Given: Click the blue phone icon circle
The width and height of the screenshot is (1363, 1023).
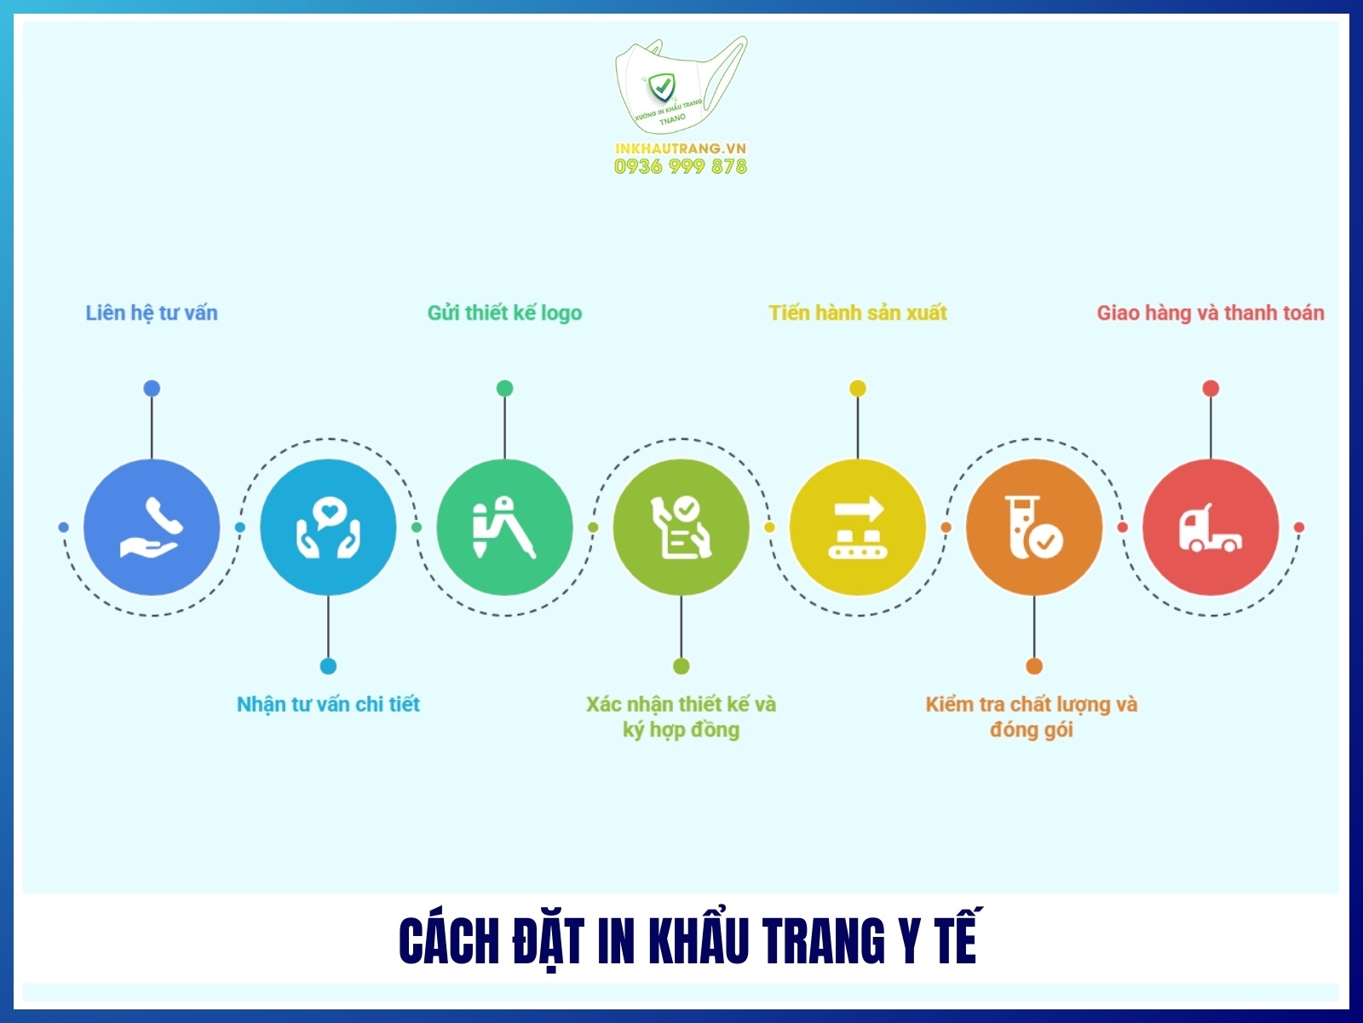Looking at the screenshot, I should (x=152, y=527).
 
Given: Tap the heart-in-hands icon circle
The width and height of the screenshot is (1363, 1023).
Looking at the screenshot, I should (x=328, y=527).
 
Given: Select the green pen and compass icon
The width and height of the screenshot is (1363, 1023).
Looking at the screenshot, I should (x=504, y=527).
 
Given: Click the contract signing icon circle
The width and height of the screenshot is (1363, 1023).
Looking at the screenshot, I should (x=681, y=527).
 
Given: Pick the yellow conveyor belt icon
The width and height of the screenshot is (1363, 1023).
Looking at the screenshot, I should (x=858, y=527).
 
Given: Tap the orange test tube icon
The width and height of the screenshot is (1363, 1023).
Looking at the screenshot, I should (x=1033, y=527).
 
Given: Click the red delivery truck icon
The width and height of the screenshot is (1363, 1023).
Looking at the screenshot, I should (x=1211, y=527).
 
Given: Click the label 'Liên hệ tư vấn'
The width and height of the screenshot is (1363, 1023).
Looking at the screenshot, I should (x=152, y=313).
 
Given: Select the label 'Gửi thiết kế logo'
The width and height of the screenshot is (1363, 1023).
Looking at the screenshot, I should (x=504, y=313).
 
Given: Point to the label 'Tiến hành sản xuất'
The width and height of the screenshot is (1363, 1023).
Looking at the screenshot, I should (x=858, y=313).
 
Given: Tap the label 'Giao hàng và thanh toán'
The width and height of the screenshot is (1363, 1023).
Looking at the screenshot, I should (x=1211, y=313).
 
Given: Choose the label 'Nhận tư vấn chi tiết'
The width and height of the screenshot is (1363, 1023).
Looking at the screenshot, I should (x=328, y=704).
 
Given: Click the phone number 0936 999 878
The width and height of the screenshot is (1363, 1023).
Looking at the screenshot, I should (x=681, y=167).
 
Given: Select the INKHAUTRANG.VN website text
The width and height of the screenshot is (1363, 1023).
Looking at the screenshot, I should (x=681, y=148).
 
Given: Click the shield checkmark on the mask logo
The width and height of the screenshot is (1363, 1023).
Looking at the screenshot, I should (x=661, y=86).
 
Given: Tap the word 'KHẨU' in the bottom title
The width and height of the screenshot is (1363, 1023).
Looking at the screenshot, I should (x=700, y=941).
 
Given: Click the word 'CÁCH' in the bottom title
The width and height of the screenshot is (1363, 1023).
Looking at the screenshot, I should (x=449, y=941).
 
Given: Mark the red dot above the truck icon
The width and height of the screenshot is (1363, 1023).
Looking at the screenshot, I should (x=1211, y=389).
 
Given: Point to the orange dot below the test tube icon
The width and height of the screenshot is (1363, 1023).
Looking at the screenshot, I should (x=1034, y=666).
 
